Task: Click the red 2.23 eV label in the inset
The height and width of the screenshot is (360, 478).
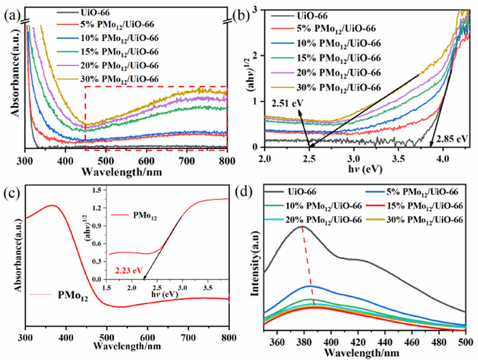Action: coord(128,271)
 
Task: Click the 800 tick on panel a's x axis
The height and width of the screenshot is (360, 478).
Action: coord(227,161)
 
